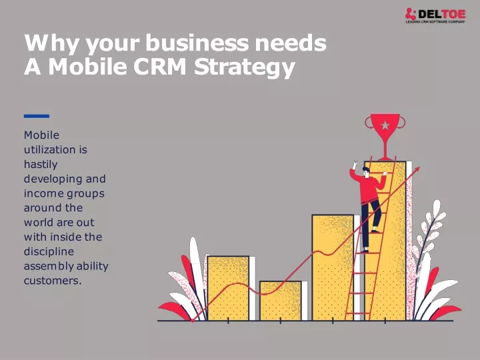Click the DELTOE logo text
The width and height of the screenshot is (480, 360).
coord(441,14)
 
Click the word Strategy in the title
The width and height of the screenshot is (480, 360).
coord(244,67)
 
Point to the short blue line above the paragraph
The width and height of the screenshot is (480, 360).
coord(37,116)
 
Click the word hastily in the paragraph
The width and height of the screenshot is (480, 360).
coord(41,165)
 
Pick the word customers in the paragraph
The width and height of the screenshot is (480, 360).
coord(53,281)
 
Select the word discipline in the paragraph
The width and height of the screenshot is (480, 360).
coord(49,251)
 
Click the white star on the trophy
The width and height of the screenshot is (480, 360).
coord(385,125)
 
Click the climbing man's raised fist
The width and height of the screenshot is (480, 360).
coord(355,163)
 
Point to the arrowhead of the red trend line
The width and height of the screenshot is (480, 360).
coord(417,170)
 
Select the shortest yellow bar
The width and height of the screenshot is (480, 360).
coord(281,301)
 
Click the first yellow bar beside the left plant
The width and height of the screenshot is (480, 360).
coord(228,289)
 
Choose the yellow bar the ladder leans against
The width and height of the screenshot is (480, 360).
coord(385,241)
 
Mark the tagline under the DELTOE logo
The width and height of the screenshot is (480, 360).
coord(435,22)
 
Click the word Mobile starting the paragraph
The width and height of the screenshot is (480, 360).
coord(41,135)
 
